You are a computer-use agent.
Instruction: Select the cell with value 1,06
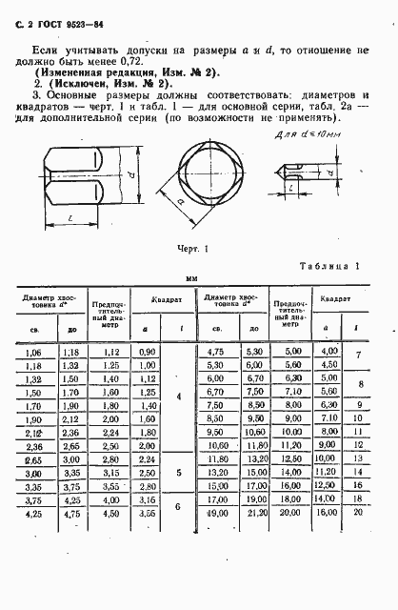tap(33, 353)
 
